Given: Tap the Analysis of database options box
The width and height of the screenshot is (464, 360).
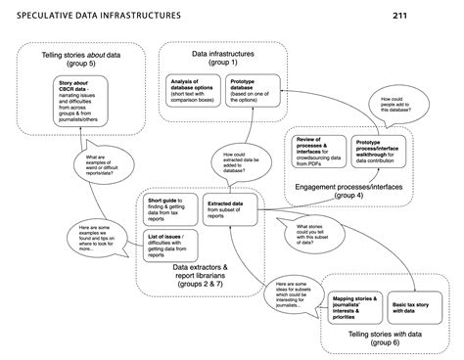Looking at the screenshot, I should [193, 92].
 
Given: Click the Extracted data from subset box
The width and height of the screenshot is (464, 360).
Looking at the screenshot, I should [231, 208].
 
